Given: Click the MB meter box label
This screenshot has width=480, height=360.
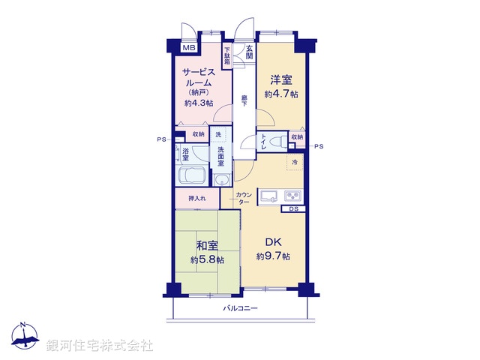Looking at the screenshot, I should pyautogui.click(x=190, y=48).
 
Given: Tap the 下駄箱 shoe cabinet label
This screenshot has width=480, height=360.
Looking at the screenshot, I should pyautogui.click(x=226, y=55).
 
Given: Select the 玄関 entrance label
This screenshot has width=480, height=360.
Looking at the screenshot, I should pyautogui.click(x=249, y=52).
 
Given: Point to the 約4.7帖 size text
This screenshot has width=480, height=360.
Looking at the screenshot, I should pyautogui.click(x=280, y=94).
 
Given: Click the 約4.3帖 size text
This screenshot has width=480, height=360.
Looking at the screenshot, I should pyautogui.click(x=199, y=103).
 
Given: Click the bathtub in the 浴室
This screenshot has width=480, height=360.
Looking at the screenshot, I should pyautogui.click(x=193, y=176).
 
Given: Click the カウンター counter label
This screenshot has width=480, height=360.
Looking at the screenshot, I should pyautogui.click(x=243, y=199).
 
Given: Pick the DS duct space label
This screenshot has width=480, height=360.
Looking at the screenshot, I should pyautogui.click(x=293, y=209).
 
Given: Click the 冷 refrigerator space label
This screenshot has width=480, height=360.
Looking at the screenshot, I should pyautogui.click(x=295, y=161).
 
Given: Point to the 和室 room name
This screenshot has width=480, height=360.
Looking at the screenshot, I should pyautogui.click(x=208, y=245).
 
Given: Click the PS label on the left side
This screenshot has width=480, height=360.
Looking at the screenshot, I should pyautogui.click(x=160, y=139).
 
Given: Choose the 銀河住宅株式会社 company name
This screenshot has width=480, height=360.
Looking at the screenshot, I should pyautogui.click(x=100, y=345).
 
